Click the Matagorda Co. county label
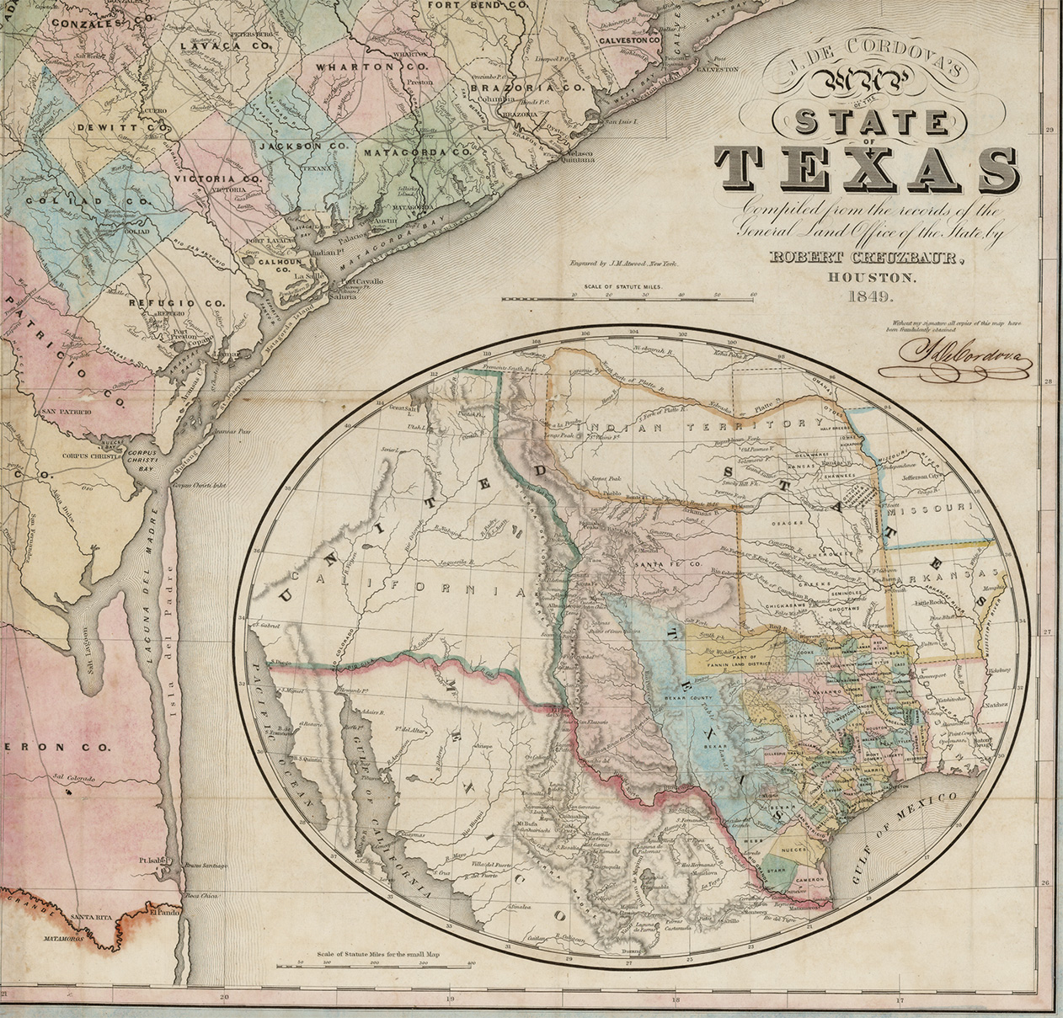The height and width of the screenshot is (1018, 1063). click(x=416, y=153)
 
